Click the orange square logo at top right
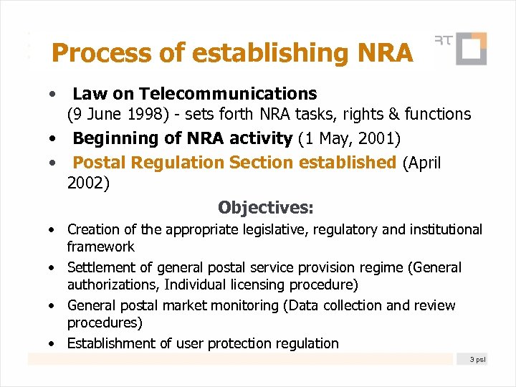(471, 49)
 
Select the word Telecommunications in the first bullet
(228, 94)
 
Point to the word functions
(438, 114)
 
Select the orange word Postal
(101, 163)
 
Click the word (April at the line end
(422, 163)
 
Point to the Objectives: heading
(266, 208)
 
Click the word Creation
(93, 229)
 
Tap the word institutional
(446, 229)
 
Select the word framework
(100, 247)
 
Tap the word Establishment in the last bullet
(110, 343)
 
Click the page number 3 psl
(477, 358)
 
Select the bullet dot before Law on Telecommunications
(53, 95)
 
